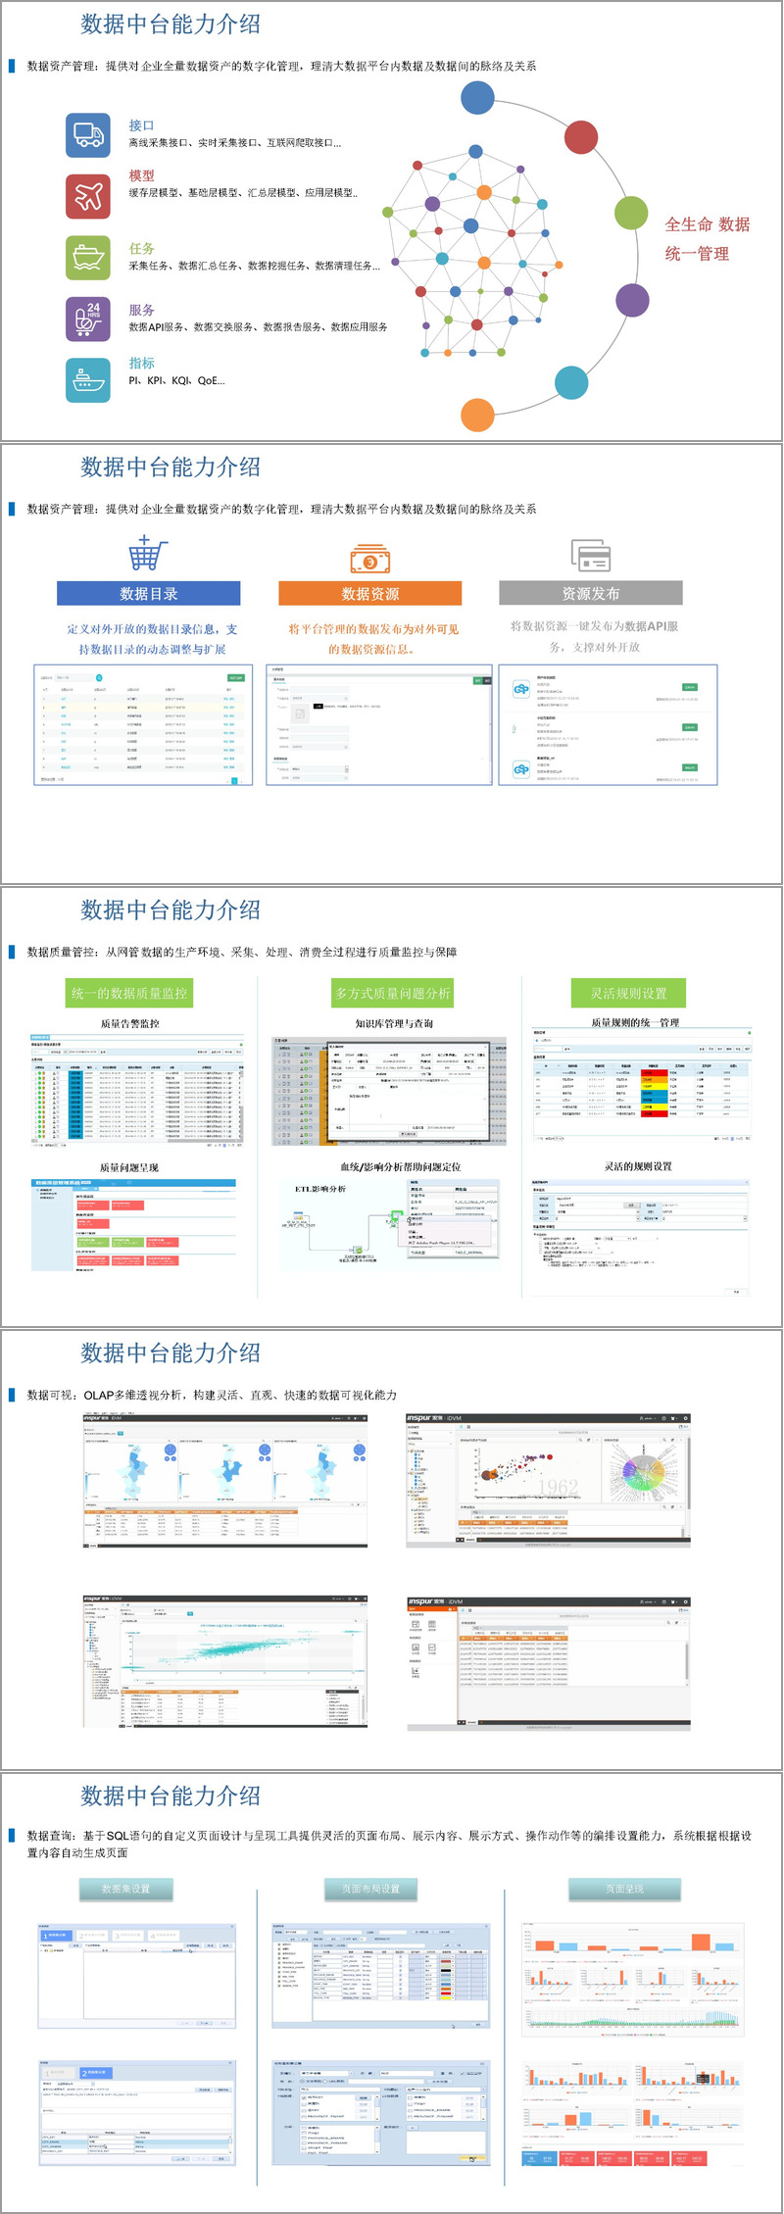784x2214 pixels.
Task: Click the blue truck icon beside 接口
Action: click(x=88, y=135)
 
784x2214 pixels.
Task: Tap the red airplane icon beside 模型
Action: click(x=88, y=196)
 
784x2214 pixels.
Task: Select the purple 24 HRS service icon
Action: click(x=88, y=319)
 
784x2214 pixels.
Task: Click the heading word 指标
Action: click(x=142, y=363)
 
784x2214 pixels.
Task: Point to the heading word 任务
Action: click(x=142, y=249)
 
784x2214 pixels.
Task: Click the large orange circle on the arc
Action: click(x=477, y=415)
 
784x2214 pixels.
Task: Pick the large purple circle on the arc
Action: click(x=632, y=300)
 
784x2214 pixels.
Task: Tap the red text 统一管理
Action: click(x=697, y=254)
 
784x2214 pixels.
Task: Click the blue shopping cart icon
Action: click(x=148, y=554)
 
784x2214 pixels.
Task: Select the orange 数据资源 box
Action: click(x=370, y=594)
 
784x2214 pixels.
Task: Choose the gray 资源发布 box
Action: click(x=590, y=594)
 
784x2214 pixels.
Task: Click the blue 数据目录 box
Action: click(x=149, y=594)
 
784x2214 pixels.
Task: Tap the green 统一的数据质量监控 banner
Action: click(x=129, y=993)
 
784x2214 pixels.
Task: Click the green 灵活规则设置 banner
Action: click(x=628, y=993)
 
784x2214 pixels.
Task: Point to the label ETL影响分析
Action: click(x=320, y=1189)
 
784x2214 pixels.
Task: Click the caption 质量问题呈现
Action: click(x=129, y=1167)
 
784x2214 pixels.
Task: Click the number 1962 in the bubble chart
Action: click(x=558, y=1487)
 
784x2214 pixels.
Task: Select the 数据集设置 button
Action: click(x=126, y=1889)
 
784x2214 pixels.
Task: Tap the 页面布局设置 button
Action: click(x=370, y=1889)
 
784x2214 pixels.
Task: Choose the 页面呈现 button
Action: click(x=624, y=1889)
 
